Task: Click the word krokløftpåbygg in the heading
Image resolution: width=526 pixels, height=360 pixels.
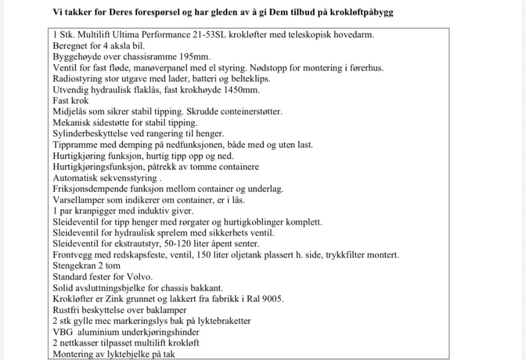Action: click(x=362, y=12)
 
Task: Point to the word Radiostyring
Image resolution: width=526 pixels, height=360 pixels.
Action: click(x=78, y=79)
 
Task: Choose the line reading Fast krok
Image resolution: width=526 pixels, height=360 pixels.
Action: click(x=71, y=101)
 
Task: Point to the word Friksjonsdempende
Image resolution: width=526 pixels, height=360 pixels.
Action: click(x=88, y=189)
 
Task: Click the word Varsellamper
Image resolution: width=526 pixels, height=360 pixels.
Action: click(x=78, y=200)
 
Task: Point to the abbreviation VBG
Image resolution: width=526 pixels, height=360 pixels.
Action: click(x=62, y=332)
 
